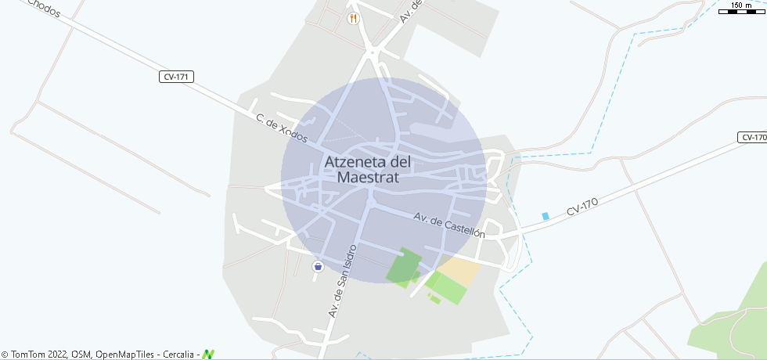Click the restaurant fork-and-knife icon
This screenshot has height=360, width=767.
354,18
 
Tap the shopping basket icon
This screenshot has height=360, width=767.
318,266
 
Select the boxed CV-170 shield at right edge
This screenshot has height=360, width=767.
753,138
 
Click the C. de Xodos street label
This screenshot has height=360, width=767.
282,128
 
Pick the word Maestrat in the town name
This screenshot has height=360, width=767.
368,178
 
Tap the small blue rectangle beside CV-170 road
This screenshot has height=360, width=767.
546,216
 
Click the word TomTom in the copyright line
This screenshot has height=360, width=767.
26,355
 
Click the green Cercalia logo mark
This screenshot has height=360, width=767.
208,355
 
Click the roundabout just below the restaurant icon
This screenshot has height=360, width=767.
373,53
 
